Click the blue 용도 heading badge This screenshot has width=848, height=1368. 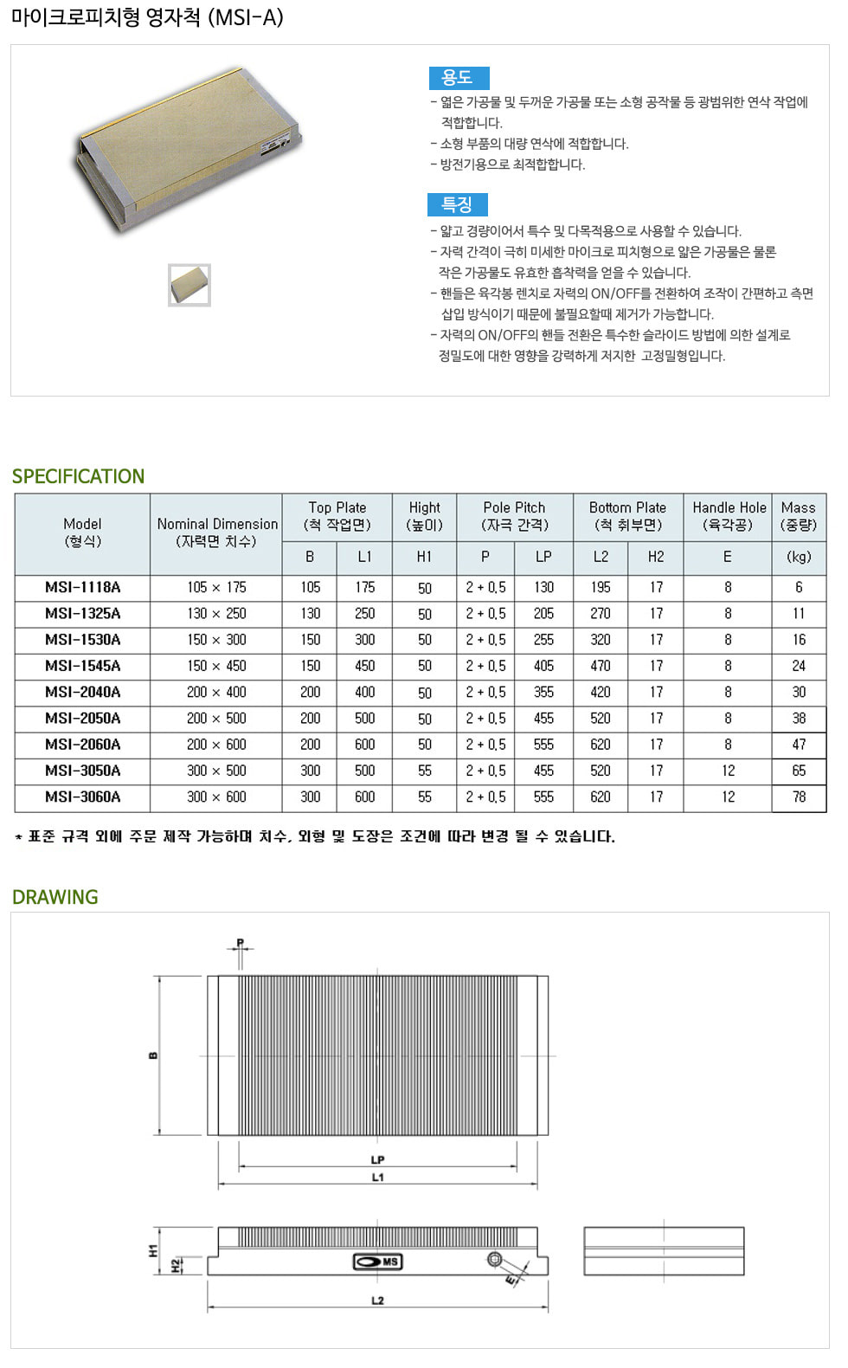click(459, 78)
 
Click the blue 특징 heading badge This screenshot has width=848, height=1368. click(457, 204)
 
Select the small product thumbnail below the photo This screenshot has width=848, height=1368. click(190, 285)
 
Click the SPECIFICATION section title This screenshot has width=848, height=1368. click(78, 476)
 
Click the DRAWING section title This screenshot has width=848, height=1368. click(55, 897)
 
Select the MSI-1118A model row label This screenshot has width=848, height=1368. click(83, 587)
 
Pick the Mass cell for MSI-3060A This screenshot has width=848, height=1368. click(799, 797)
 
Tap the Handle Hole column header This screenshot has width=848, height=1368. click(729, 516)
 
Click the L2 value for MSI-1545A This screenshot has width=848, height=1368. click(601, 666)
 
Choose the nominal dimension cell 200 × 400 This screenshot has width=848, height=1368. click(216, 692)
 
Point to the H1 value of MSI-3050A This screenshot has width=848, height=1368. click(424, 771)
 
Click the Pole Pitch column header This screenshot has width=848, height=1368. click(514, 516)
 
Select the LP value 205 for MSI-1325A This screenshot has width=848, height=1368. click(543, 613)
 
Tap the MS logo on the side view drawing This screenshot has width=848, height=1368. click(378, 1262)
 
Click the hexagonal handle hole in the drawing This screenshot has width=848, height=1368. click(495, 1259)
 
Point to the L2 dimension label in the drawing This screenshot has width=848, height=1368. click(377, 1300)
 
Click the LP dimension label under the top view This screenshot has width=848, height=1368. click(377, 1159)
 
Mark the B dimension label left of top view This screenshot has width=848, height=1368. click(153, 1055)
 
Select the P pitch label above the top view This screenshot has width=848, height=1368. click(240, 942)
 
